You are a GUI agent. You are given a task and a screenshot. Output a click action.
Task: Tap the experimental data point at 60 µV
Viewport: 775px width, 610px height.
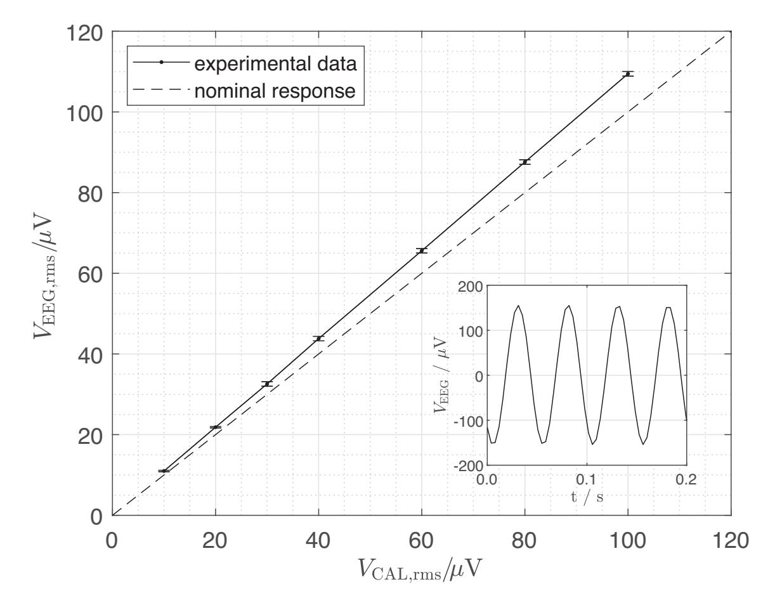422,251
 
